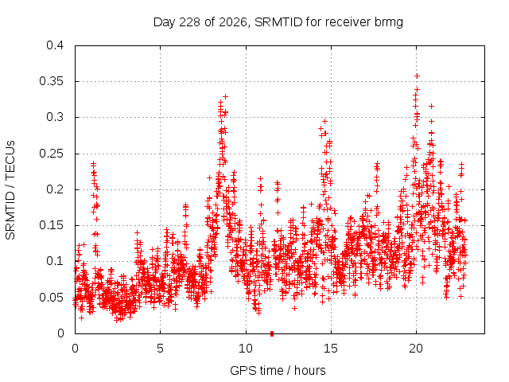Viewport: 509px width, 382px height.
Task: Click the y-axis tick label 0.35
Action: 51,81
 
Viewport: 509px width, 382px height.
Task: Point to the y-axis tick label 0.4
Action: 55,45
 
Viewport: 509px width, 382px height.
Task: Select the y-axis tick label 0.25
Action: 51,154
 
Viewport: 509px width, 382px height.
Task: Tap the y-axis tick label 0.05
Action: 51,298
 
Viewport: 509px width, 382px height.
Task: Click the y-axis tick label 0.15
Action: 51,225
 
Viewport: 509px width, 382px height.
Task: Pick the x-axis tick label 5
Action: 160,349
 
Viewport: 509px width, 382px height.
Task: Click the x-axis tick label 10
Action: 246,349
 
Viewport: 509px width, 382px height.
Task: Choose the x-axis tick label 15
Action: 331,349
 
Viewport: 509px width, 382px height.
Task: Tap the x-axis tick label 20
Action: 416,349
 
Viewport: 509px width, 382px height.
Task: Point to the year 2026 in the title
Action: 233,22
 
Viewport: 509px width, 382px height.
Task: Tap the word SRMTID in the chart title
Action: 278,22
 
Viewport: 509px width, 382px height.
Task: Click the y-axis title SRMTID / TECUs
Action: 10,190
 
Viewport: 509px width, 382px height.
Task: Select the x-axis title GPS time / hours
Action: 278,370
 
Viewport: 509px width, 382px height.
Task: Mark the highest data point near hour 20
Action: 418,76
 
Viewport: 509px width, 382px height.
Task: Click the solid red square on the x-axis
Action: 272,333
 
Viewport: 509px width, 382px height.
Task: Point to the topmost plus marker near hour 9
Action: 225,96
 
